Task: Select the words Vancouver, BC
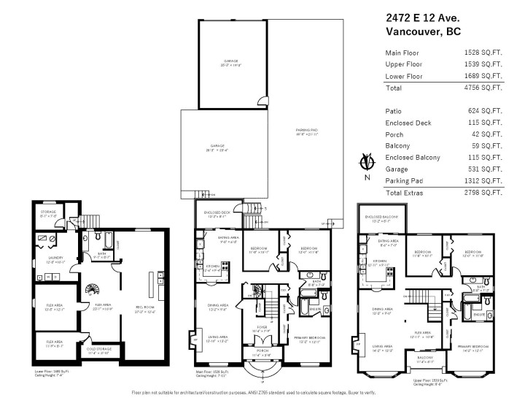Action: [x=422, y=32]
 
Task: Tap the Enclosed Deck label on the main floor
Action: [x=218, y=215]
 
